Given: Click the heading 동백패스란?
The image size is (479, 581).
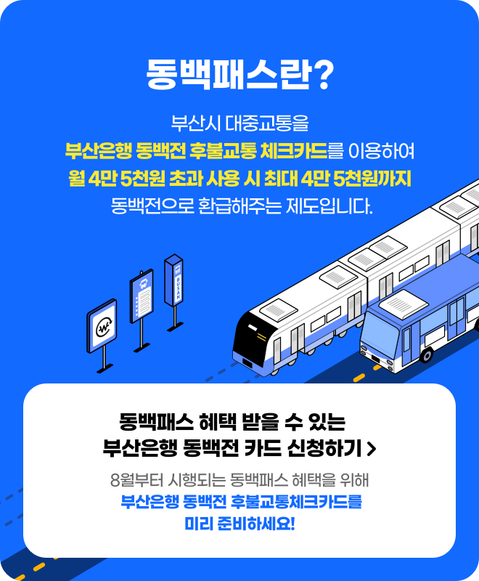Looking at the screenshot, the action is pos(239,73).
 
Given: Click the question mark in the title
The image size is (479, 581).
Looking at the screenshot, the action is pos(324,73).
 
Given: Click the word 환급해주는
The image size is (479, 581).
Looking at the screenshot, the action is pos(239,206).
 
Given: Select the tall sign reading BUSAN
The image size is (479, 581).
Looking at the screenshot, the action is pos(173,280).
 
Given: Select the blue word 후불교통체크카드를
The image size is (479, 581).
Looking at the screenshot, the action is pos(296,501).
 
